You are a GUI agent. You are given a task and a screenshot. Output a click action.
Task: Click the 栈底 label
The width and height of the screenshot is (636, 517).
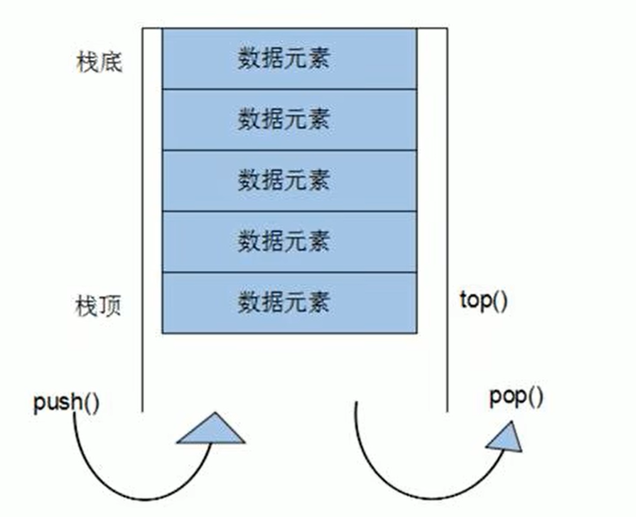(99, 63)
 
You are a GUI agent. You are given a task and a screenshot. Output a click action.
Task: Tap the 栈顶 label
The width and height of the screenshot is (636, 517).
(99, 307)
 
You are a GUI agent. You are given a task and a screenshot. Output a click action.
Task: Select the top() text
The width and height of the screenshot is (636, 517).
(483, 301)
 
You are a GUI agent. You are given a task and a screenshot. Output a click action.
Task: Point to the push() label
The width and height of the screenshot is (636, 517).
(66, 402)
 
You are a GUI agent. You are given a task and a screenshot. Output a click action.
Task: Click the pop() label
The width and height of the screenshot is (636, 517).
(516, 397)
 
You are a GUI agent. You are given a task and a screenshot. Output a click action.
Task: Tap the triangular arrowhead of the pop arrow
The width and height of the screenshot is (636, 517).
(506, 437)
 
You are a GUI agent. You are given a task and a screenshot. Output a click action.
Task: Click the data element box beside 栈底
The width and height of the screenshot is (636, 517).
(289, 59)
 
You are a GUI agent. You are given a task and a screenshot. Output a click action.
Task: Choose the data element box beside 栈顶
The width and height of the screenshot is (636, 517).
(289, 303)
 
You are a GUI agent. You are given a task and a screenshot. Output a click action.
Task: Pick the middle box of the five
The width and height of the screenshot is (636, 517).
(289, 181)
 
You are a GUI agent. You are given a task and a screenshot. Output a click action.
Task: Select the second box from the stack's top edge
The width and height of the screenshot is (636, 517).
(289, 120)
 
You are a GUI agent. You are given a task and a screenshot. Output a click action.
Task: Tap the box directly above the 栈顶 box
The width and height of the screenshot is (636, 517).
(289, 242)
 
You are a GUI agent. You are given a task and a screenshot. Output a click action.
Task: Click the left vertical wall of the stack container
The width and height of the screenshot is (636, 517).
(143, 220)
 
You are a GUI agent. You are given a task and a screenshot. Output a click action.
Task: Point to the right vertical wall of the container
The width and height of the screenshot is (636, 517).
(447, 220)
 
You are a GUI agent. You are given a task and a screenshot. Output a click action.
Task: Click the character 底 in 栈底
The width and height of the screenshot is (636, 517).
(110, 63)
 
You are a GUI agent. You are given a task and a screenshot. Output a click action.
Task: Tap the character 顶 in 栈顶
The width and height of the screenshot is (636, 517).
(110, 307)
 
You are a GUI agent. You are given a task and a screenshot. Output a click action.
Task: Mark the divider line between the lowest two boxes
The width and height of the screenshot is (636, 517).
(289, 272)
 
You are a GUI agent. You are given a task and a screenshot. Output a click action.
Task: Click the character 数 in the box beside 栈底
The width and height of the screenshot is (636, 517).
(249, 59)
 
